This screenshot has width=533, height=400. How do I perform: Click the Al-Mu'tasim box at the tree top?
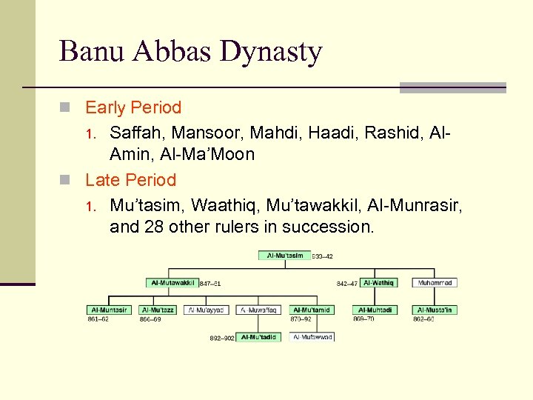click(285, 256)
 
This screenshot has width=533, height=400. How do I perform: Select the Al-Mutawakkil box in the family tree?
click(172, 282)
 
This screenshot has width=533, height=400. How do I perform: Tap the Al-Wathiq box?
click(378, 282)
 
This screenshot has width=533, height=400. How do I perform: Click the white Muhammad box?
click(435, 282)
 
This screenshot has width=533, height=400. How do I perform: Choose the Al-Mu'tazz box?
click(158, 310)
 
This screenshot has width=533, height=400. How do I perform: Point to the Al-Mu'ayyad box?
click(207, 310)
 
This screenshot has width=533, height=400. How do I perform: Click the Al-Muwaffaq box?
click(258, 310)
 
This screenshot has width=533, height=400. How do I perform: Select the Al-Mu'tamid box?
click(311, 310)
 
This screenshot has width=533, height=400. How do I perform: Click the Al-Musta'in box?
click(435, 310)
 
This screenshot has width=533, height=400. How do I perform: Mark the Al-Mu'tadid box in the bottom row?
click(258, 337)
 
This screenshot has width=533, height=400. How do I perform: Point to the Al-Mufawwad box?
click(312, 337)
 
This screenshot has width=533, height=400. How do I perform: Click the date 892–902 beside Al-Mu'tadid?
click(222, 338)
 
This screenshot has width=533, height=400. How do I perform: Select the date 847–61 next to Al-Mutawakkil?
click(210, 283)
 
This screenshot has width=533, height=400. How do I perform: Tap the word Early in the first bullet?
click(105, 107)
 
